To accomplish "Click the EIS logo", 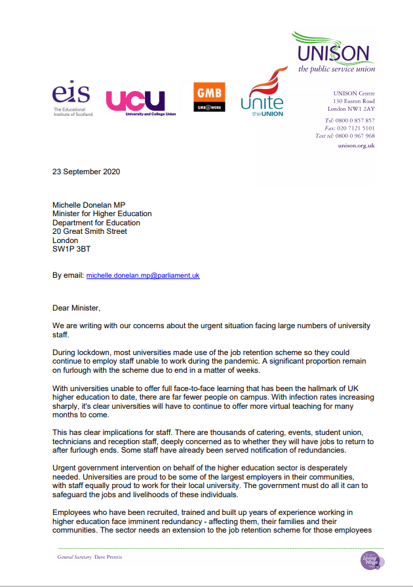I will pyautogui.click(x=73, y=99).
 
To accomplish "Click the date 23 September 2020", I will pyautogui.click(x=87, y=172).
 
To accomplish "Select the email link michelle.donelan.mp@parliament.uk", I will pyautogui.click(x=143, y=275).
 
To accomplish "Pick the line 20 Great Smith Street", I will pyautogui.click(x=90, y=231).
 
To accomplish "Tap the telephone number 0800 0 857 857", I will pyautogui.click(x=359, y=121).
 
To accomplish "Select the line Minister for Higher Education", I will pyautogui.click(x=102, y=214).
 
